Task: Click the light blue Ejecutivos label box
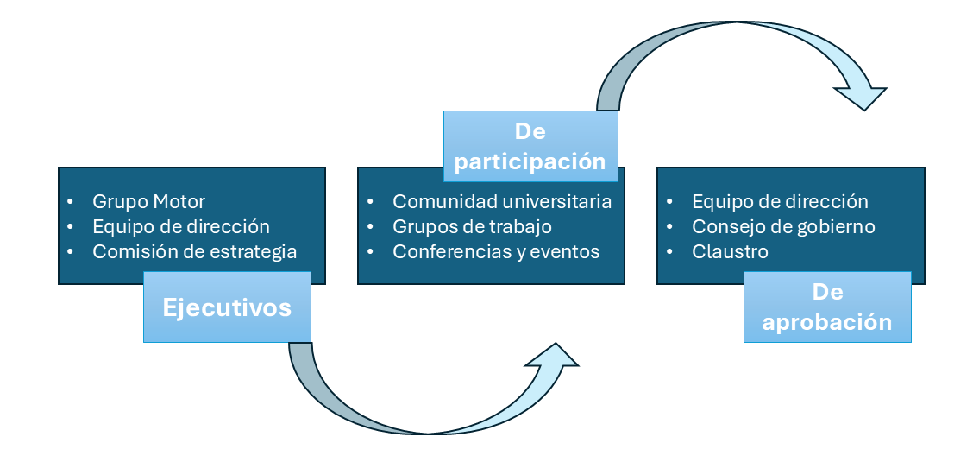click(x=227, y=307)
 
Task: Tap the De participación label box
click(x=530, y=146)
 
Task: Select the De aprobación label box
click(x=827, y=307)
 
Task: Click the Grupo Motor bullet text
click(x=148, y=202)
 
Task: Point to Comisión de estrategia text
click(x=194, y=252)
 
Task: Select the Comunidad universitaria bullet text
click(x=502, y=202)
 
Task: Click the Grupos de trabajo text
click(x=472, y=227)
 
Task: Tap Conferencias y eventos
click(x=496, y=252)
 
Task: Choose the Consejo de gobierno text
click(x=783, y=227)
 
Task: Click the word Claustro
click(x=730, y=252)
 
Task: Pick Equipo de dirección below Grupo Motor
click(x=181, y=227)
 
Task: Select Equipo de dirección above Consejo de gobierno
click(x=780, y=202)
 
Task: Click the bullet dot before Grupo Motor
click(x=71, y=202)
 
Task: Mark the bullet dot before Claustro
click(x=670, y=252)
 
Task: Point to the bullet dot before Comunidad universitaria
click(x=370, y=202)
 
